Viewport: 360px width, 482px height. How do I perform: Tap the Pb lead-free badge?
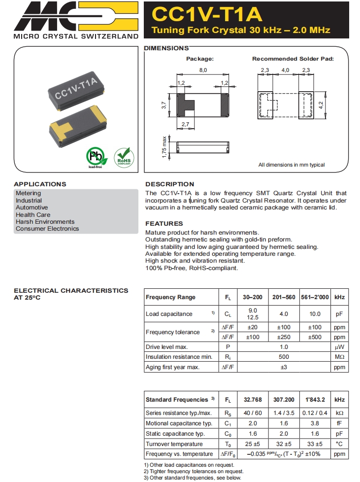coord(95,157)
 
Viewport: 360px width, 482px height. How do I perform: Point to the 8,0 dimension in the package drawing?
coord(203,70)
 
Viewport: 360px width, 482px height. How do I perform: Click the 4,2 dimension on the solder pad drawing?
coord(321,104)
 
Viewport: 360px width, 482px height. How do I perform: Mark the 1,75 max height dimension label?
coord(164,146)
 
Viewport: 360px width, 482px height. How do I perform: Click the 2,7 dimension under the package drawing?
coord(185,125)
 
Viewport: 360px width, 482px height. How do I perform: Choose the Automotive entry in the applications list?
coord(32,207)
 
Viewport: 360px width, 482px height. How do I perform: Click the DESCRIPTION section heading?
coord(169,184)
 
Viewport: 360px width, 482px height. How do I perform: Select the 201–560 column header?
coord(284,297)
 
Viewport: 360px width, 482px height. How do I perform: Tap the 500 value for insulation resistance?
coord(284,357)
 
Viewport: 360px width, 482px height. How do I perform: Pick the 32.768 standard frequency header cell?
coord(253,400)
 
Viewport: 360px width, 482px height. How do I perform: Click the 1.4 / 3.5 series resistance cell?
coord(284,413)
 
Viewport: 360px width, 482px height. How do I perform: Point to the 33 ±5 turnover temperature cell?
coord(315,444)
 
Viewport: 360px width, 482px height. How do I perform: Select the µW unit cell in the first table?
coord(339,347)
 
